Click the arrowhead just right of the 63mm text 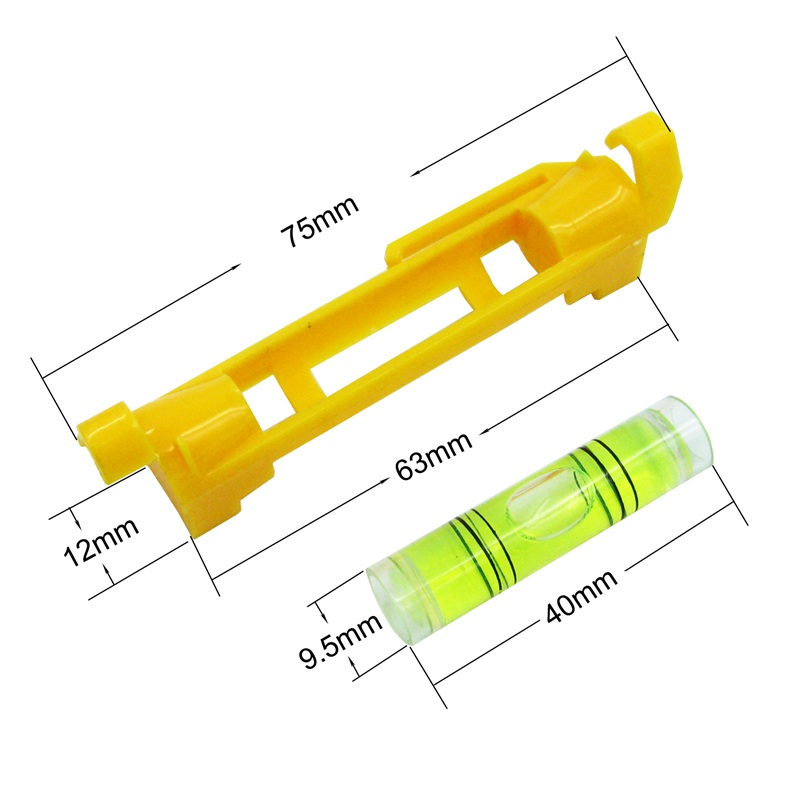pyautogui.click(x=483, y=432)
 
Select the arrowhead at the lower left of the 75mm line pyautogui.click(x=237, y=266)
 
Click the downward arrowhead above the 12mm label pyautogui.click(x=73, y=515)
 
